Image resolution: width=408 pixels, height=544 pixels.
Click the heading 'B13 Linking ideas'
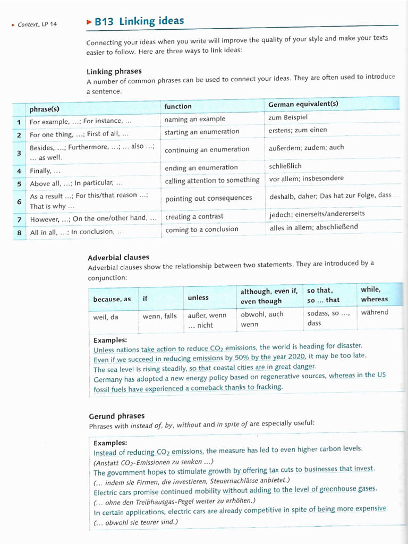(139, 22)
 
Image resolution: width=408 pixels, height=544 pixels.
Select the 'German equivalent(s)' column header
(303, 104)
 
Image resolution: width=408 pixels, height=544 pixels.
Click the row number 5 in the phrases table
(19, 184)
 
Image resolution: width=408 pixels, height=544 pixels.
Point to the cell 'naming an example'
(194, 119)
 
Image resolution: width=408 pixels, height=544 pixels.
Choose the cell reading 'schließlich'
(285, 166)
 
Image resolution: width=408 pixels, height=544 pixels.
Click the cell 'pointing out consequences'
(208, 198)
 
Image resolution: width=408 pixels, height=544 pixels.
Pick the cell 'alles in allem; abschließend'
(313, 227)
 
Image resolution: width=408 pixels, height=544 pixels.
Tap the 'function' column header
(178, 106)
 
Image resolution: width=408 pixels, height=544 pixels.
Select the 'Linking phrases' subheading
(114, 71)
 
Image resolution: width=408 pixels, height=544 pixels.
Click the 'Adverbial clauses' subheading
(118, 258)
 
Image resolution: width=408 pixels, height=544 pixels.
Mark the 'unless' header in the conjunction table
(198, 297)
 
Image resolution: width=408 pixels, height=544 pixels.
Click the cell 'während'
(374, 312)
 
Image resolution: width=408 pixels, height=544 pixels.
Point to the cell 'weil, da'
(106, 317)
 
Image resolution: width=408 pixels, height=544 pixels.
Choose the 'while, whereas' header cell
(374, 294)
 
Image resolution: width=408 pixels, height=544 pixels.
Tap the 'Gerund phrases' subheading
(116, 416)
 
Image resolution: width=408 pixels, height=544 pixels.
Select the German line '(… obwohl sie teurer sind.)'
(135, 522)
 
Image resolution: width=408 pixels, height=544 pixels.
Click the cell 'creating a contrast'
(194, 217)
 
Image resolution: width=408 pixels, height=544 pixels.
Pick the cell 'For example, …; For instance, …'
(81, 121)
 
